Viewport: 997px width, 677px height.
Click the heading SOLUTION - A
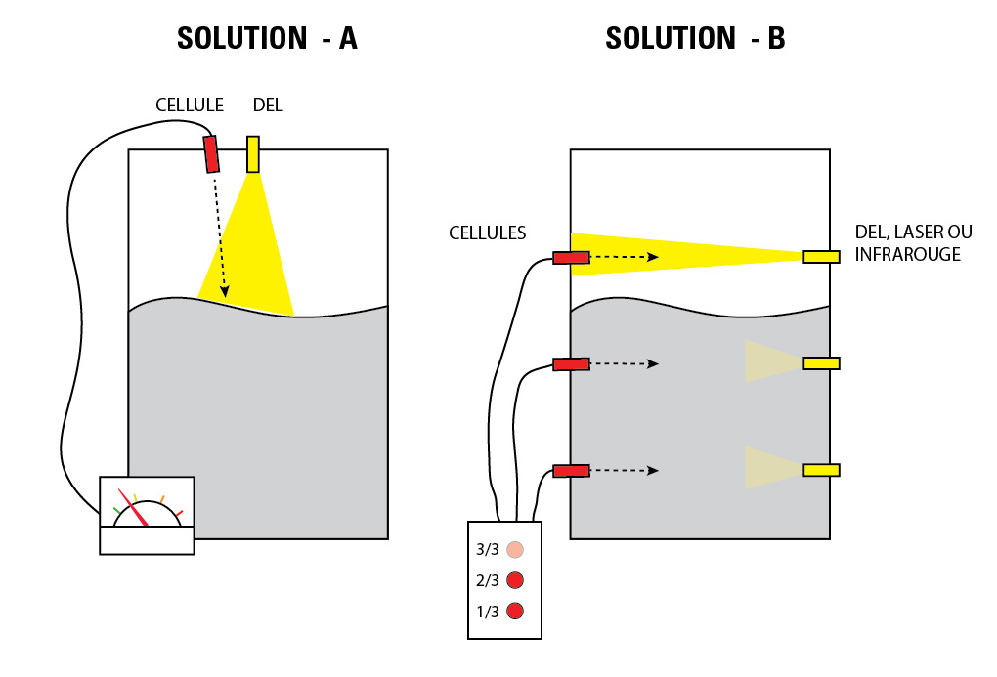click(266, 38)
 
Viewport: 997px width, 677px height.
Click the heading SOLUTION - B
click(695, 38)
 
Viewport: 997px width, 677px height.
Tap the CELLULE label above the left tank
click(190, 105)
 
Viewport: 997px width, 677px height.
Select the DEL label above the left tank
click(267, 105)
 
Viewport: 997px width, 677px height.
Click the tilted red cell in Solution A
click(211, 153)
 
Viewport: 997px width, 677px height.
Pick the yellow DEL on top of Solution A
click(253, 153)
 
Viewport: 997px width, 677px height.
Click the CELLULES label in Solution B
click(487, 233)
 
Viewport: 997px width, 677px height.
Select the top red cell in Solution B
click(572, 258)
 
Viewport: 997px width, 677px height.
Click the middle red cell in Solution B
click(572, 364)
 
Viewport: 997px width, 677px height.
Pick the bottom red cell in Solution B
click(572, 471)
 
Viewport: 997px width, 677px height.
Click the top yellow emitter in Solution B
click(821, 257)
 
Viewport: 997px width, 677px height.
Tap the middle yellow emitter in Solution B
click(821, 363)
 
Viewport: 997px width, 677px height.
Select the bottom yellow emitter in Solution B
click(821, 470)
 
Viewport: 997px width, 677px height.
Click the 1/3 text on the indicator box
click(488, 612)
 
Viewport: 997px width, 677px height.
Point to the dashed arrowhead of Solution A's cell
click(226, 291)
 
